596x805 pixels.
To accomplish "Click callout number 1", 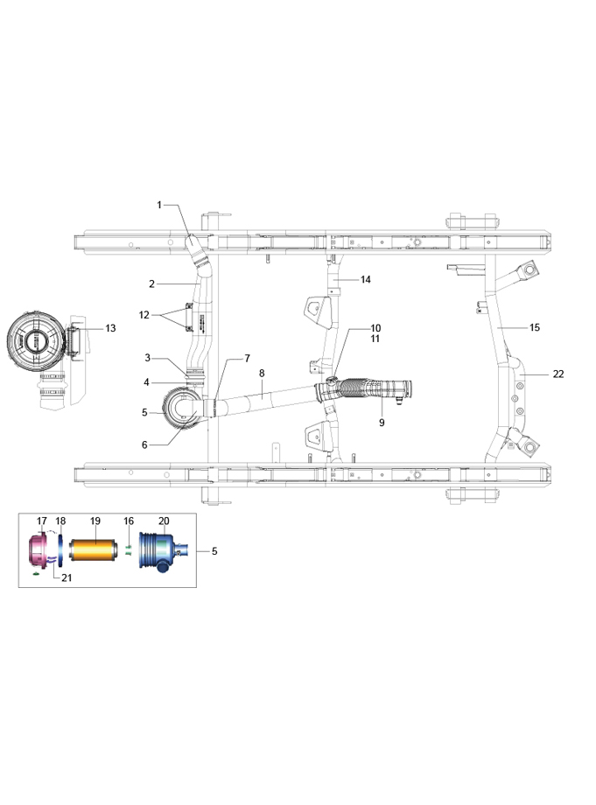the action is pyautogui.click(x=159, y=205).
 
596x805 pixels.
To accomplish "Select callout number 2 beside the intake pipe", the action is pyautogui.click(x=152, y=283).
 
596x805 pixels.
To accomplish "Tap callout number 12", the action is pyautogui.click(x=144, y=315).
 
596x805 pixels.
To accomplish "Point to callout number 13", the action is pyautogui.click(x=111, y=328).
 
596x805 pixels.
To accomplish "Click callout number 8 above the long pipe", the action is pyautogui.click(x=262, y=374).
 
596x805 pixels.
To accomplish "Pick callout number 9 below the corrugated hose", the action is pyautogui.click(x=382, y=423).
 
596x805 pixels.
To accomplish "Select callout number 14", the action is pyautogui.click(x=366, y=279).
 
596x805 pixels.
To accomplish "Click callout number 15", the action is pyautogui.click(x=535, y=327).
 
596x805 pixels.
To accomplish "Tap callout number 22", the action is pyautogui.click(x=558, y=374).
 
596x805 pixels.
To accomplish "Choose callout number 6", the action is pyautogui.click(x=144, y=444).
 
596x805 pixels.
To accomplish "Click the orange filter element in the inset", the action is pyautogui.click(x=91, y=549).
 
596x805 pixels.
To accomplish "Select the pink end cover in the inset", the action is pyautogui.click(x=37, y=549).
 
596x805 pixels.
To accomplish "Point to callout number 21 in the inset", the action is pyautogui.click(x=67, y=577).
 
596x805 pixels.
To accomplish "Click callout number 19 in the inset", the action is pyautogui.click(x=95, y=521).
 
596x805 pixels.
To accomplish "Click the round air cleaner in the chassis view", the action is pyautogui.click(x=182, y=409).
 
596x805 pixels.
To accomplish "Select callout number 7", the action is pyautogui.click(x=248, y=359).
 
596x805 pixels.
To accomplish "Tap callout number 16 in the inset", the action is pyautogui.click(x=129, y=521).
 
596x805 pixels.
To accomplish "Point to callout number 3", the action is pyautogui.click(x=147, y=357).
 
